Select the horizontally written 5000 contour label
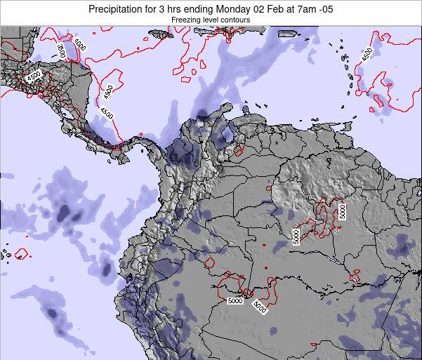[235, 301]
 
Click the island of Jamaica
[161, 35]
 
